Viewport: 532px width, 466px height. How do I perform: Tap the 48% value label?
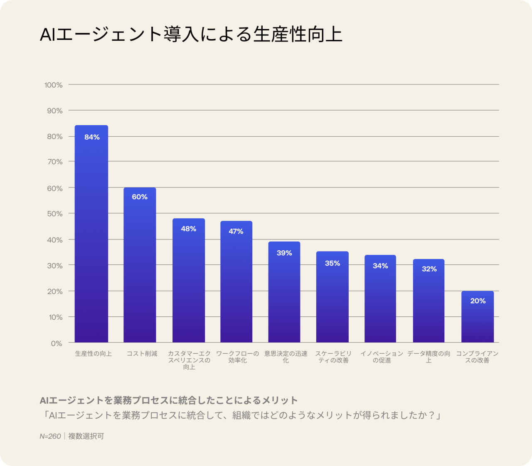click(188, 229)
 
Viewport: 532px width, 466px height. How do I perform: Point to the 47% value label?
click(236, 231)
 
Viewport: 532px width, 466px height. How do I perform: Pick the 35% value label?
click(332, 263)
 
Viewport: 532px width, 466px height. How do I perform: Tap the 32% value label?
click(429, 269)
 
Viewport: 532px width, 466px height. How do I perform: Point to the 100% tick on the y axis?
click(54, 85)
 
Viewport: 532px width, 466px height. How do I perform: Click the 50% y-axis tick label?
click(55, 214)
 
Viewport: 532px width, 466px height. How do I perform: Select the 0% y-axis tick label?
click(57, 343)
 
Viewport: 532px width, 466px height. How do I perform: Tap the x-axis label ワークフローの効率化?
click(237, 357)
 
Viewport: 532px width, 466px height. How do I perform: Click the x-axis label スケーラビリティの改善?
click(333, 357)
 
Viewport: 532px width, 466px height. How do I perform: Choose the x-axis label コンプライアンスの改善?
click(477, 357)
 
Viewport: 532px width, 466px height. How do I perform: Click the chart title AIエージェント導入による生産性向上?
click(191, 34)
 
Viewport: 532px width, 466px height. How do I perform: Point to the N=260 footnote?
click(50, 436)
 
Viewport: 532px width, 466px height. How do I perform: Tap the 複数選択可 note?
click(86, 436)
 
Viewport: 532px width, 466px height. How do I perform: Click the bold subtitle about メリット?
click(169, 400)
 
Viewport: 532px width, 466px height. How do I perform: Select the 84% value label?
click(92, 137)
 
